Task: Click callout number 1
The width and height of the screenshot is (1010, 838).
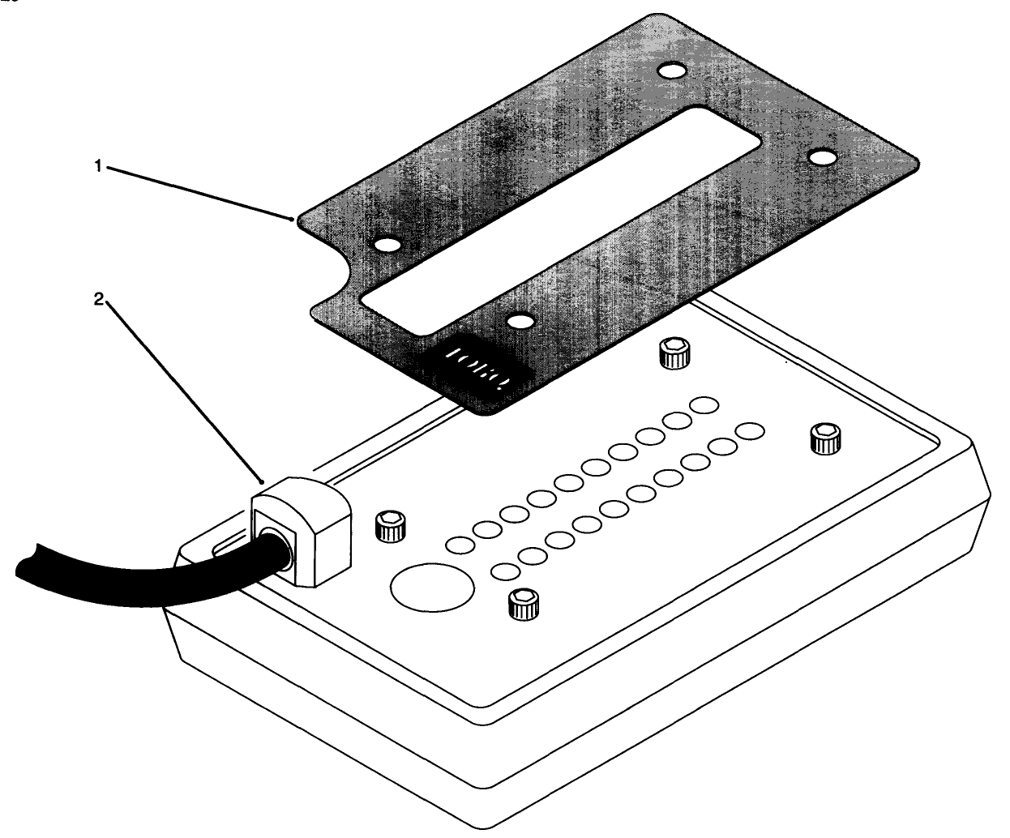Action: [98, 165]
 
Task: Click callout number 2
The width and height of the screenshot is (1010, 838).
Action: [98, 299]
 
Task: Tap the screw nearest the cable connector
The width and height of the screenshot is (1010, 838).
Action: [390, 528]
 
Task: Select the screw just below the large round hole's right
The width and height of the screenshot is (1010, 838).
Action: [523, 605]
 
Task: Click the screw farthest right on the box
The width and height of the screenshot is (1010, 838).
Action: [824, 440]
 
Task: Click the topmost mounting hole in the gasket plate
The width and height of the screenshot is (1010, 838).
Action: [669, 71]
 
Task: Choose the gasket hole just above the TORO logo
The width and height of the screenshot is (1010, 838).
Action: [518, 322]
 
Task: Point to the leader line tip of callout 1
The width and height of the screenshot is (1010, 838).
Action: [292, 217]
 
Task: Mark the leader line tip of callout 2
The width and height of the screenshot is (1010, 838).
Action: [261, 480]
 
